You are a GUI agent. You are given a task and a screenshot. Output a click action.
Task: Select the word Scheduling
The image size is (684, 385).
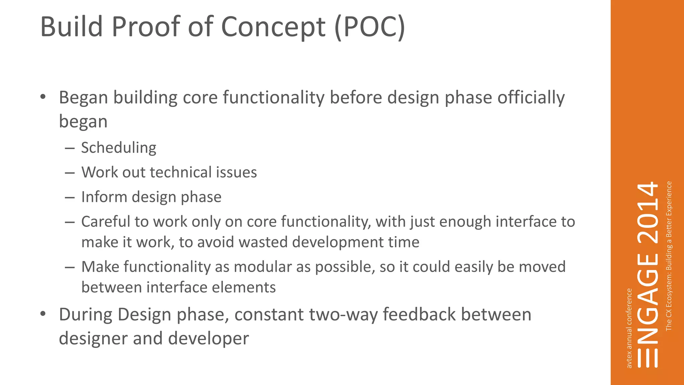pyautogui.click(x=119, y=148)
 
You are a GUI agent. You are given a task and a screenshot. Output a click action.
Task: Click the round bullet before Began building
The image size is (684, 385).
pyautogui.click(x=42, y=97)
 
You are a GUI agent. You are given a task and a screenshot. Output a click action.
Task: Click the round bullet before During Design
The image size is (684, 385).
pyautogui.click(x=42, y=314)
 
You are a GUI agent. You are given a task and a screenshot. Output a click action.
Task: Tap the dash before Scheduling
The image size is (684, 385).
pyautogui.click(x=70, y=148)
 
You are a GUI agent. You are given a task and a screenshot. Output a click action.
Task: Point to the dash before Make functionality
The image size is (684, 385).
pyautogui.click(x=70, y=267)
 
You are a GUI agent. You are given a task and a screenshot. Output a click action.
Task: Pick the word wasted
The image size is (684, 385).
pyautogui.click(x=264, y=242)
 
